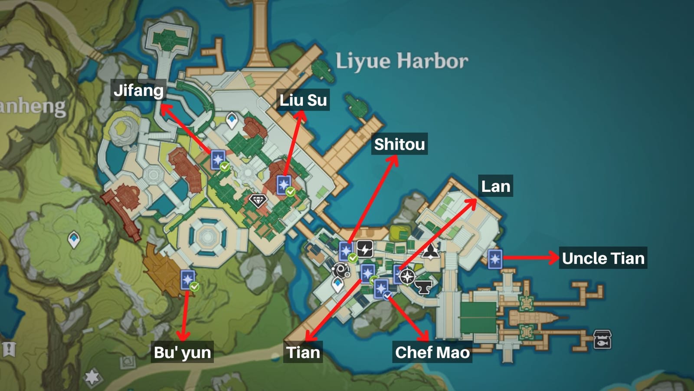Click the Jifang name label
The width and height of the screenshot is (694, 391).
pyautogui.click(x=138, y=90)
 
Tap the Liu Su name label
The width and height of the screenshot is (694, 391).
pyautogui.click(x=303, y=100)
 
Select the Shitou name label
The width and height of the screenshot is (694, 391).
pyautogui.click(x=399, y=144)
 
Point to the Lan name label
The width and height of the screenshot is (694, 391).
pyautogui.click(x=495, y=186)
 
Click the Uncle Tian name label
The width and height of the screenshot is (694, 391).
pyautogui.click(x=603, y=258)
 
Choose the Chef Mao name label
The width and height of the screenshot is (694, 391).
pyautogui.click(x=432, y=352)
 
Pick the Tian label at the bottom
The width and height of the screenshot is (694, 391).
pyautogui.click(x=303, y=352)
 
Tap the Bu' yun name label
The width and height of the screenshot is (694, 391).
pyautogui.click(x=183, y=352)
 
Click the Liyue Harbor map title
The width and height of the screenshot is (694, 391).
pyautogui.click(x=402, y=61)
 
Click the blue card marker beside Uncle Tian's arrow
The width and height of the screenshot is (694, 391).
pyautogui.click(x=495, y=259)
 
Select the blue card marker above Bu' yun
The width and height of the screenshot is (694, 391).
pyautogui.click(x=188, y=279)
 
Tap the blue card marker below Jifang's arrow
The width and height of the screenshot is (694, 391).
pyautogui.click(x=218, y=159)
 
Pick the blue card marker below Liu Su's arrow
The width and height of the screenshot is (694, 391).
pyautogui.click(x=284, y=185)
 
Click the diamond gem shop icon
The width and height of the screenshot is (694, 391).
pyautogui.click(x=258, y=201)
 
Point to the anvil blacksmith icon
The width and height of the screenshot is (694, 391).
pyautogui.click(x=423, y=287)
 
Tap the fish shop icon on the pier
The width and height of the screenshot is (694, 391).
pyautogui.click(x=602, y=339)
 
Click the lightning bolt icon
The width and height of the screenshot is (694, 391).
pyautogui.click(x=365, y=249)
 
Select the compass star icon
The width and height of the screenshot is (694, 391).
pyautogui.click(x=407, y=276)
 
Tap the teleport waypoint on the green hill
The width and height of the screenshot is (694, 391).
pyautogui.click(x=74, y=239)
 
